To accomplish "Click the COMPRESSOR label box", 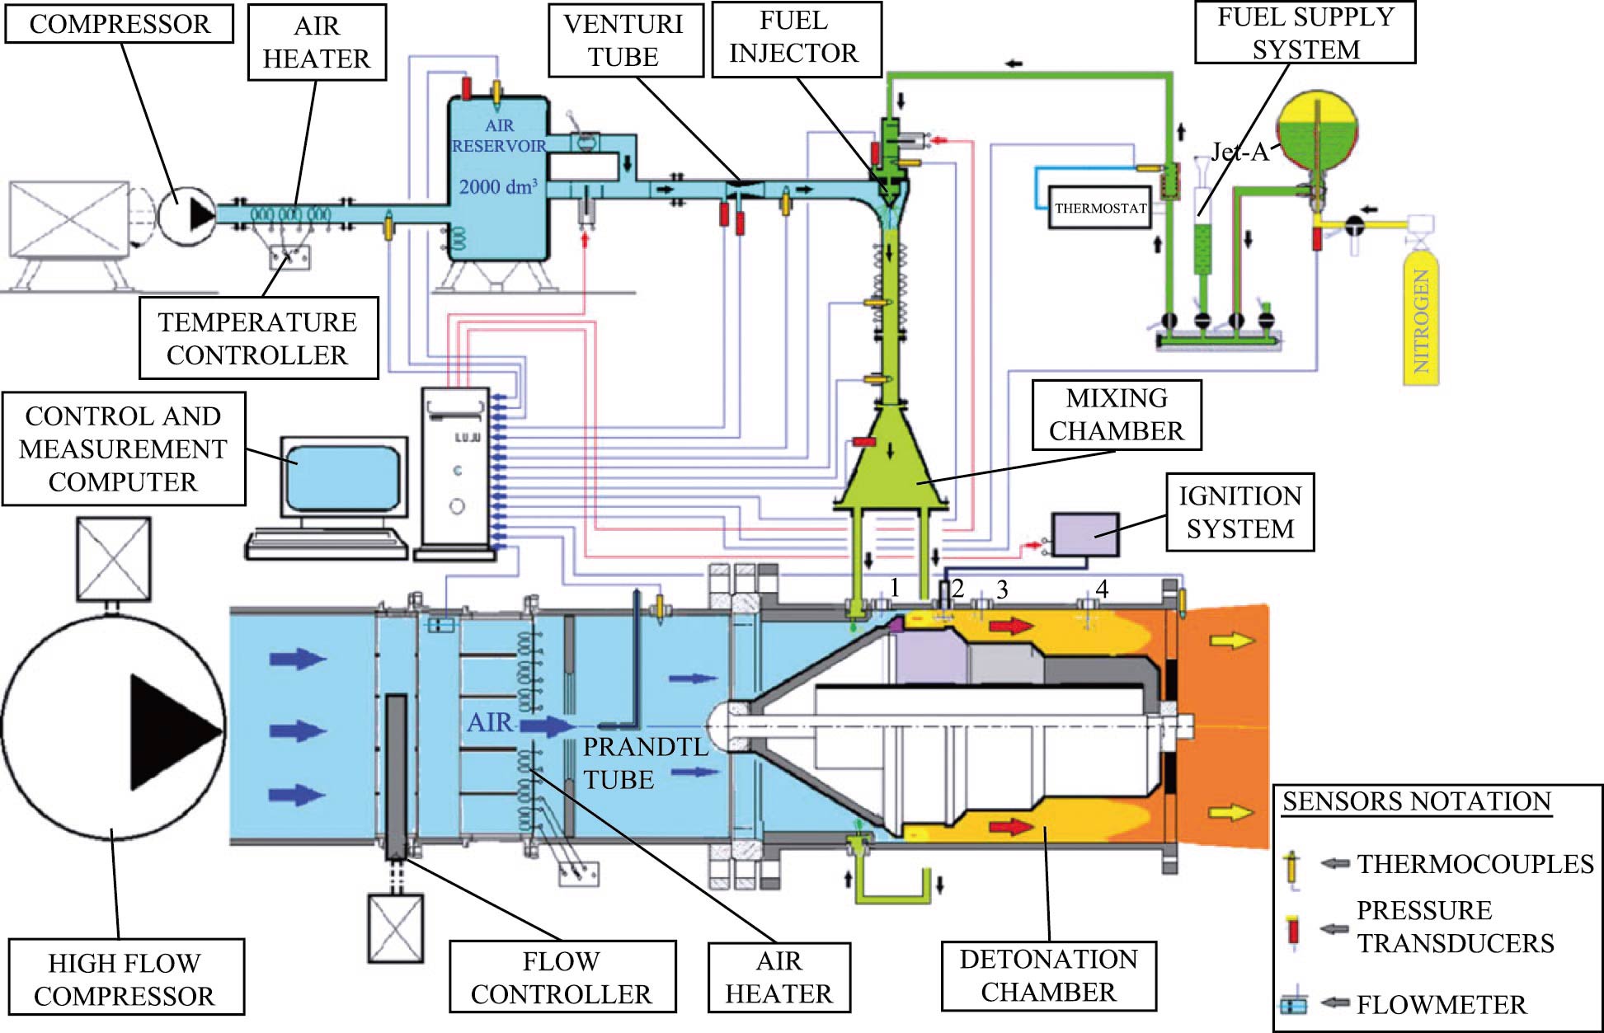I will (x=120, y=24).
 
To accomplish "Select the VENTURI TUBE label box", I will (x=623, y=40).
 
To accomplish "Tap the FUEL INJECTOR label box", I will (x=793, y=37).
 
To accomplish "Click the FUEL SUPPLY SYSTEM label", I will (x=1305, y=33).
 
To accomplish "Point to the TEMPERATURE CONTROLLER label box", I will (x=257, y=338).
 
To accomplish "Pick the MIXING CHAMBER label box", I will (x=1116, y=415).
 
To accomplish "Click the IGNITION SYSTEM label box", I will (x=1239, y=512).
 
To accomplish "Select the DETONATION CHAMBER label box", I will (x=1048, y=975).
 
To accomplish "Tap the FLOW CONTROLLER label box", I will (x=562, y=977).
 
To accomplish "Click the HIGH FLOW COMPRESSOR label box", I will (x=125, y=979).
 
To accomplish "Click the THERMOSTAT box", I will (x=1100, y=208).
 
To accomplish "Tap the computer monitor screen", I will (x=345, y=478).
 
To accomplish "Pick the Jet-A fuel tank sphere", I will (x=1317, y=132).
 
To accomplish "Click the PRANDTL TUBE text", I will (x=645, y=763).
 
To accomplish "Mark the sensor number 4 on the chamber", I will (x=1101, y=588).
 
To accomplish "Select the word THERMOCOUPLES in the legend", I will (x=1475, y=864).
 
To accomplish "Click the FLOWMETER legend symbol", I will (x=1295, y=1005).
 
